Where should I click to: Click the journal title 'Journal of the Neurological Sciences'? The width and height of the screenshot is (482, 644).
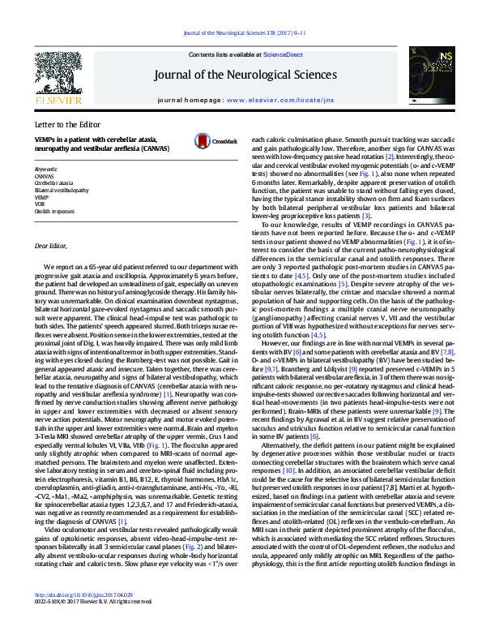pyautogui.click(x=245, y=75)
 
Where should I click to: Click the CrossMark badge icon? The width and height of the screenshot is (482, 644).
pyautogui.click(x=208, y=142)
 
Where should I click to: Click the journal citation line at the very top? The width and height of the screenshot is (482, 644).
pyautogui.click(x=245, y=33)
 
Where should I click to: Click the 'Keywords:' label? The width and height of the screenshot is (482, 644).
pyautogui.click(x=46, y=169)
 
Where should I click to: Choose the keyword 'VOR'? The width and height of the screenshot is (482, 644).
pyautogui.click(x=40, y=203)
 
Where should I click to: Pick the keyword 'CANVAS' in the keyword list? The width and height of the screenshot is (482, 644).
pyautogui.click(x=44, y=176)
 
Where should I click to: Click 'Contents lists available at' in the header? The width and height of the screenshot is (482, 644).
pyautogui.click(x=222, y=54)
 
